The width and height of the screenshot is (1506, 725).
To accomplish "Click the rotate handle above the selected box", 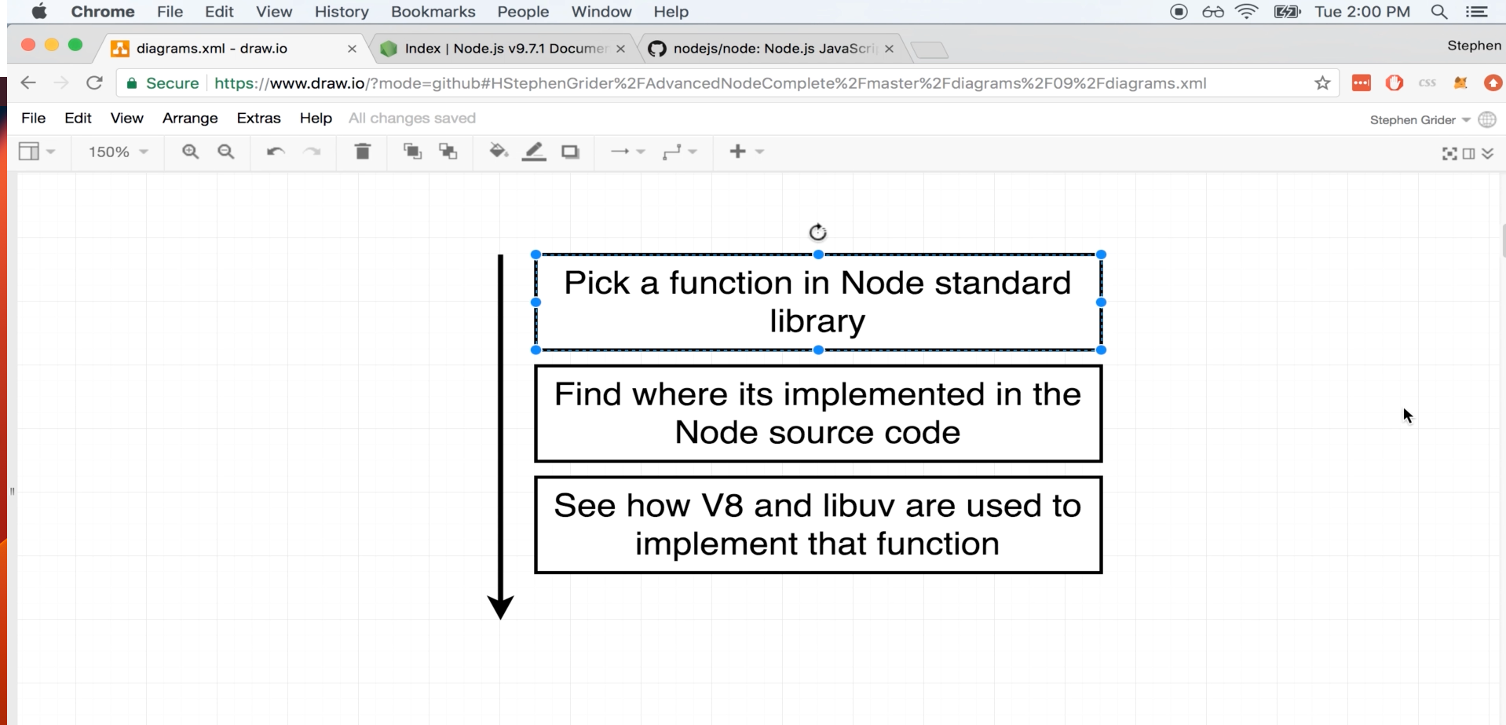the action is click(x=817, y=232).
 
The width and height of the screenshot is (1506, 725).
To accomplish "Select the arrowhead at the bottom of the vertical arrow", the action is click(x=500, y=607).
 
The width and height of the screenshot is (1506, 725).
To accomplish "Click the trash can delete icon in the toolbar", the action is click(x=362, y=151).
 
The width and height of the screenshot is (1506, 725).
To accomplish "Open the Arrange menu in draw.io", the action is click(x=190, y=118).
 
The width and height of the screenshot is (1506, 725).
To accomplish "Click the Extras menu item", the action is click(x=258, y=118).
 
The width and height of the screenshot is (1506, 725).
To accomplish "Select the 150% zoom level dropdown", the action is click(x=118, y=152).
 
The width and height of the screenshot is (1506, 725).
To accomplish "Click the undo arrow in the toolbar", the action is click(x=275, y=152).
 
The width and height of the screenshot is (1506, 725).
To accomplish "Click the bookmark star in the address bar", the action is click(x=1322, y=83).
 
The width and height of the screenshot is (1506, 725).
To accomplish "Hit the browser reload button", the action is click(x=94, y=83).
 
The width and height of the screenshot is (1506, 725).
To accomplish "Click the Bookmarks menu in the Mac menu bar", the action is click(x=433, y=12).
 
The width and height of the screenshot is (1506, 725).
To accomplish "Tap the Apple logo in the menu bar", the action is click(x=38, y=12).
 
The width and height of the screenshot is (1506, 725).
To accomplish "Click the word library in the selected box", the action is click(x=817, y=322).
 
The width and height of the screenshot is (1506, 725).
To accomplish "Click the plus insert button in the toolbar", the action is click(x=737, y=151).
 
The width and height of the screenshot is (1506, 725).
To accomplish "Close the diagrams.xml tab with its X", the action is click(x=352, y=49).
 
